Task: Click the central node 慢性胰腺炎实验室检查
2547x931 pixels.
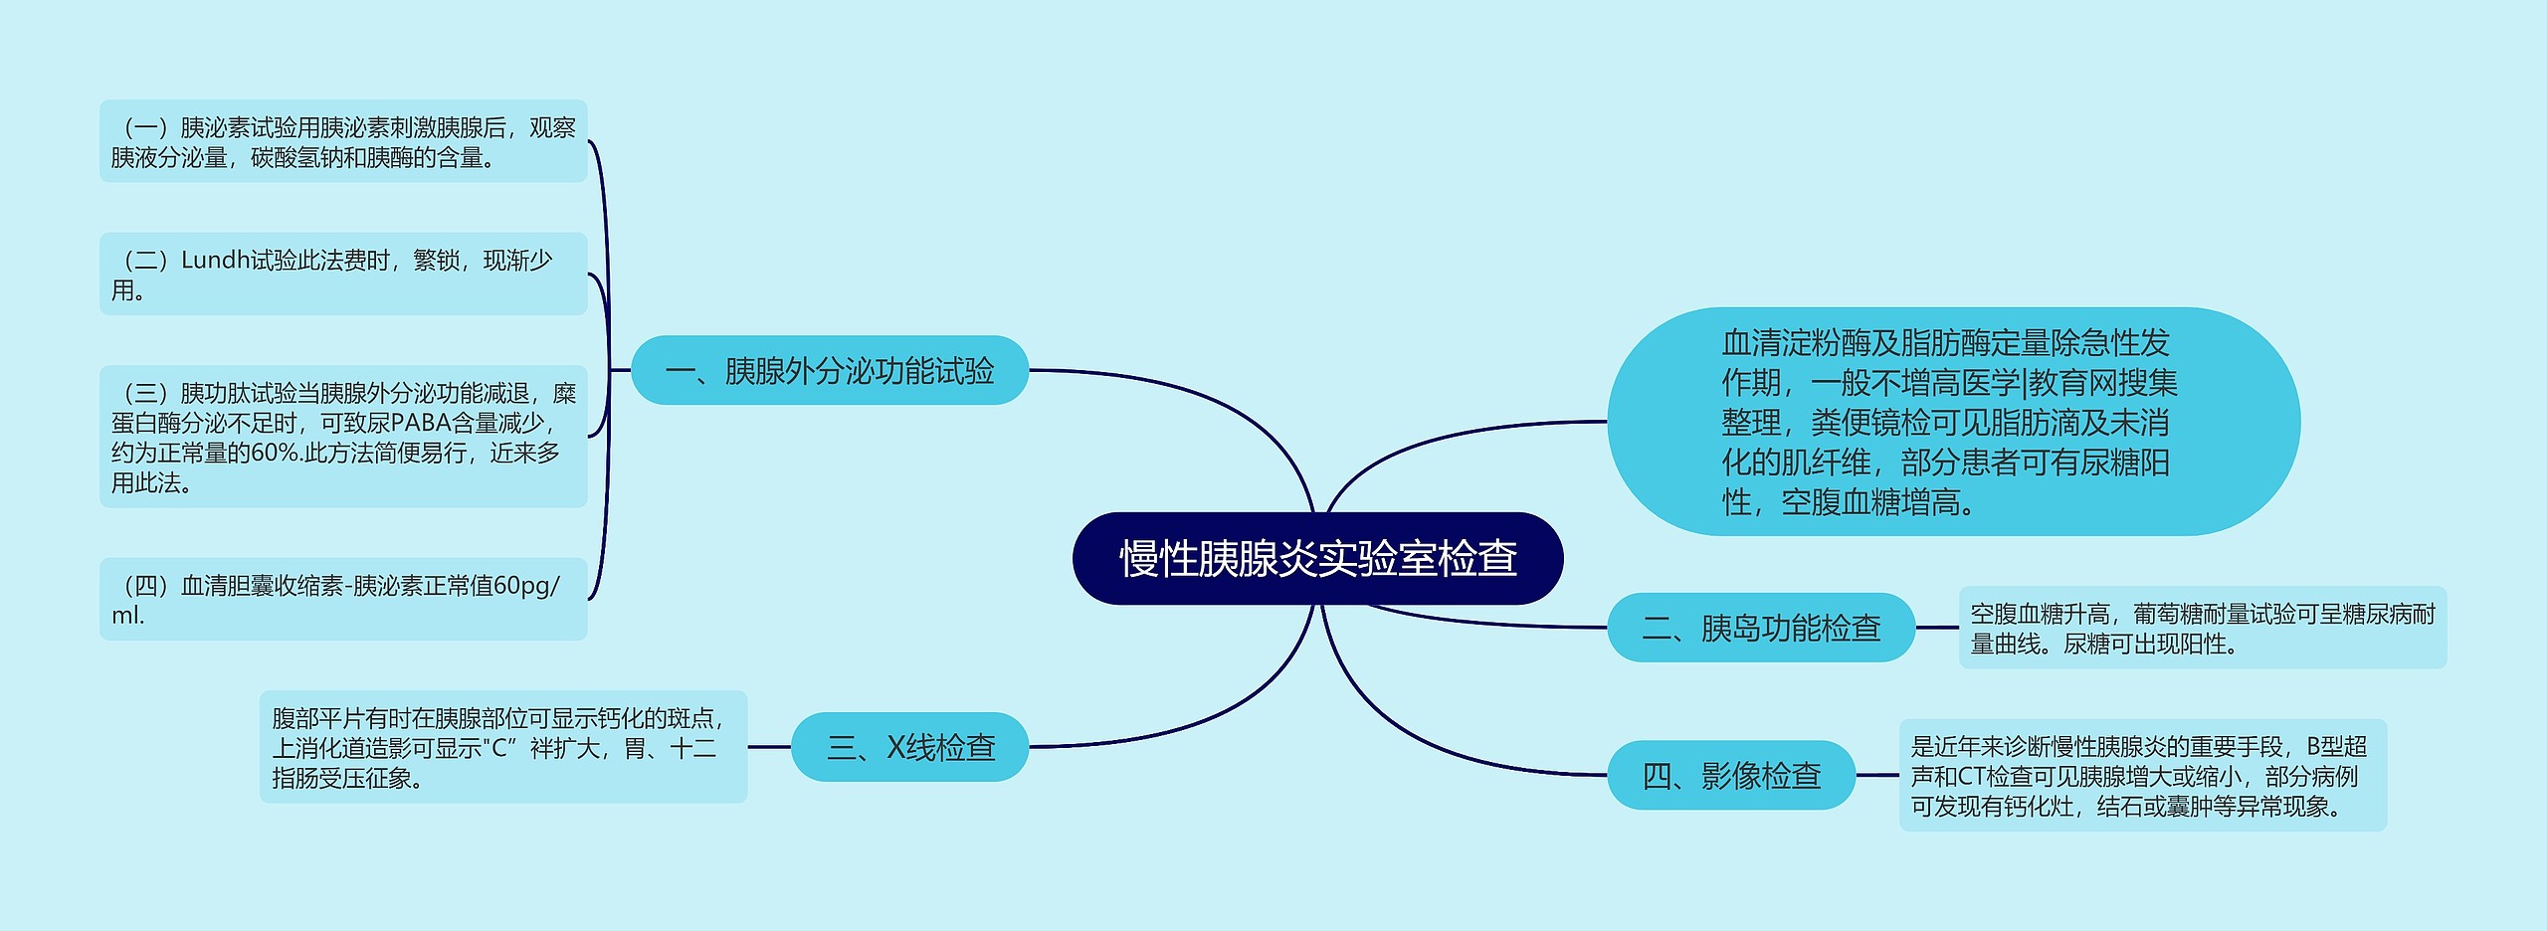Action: tap(1317, 558)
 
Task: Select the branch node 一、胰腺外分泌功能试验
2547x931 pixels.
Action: tap(830, 370)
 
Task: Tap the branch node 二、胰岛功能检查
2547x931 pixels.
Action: tap(1761, 628)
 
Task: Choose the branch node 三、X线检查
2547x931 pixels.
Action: tap(909, 747)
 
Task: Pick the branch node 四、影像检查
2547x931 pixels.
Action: tap(1731, 775)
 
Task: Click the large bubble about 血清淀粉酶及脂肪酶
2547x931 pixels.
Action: tap(1953, 422)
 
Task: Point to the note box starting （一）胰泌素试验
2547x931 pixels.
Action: tap(343, 141)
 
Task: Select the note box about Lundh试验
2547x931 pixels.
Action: tap(343, 275)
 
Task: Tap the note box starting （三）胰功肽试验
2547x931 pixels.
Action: tap(343, 437)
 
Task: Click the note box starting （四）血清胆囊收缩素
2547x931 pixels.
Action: tap(343, 599)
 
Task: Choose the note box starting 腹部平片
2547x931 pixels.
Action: tap(503, 747)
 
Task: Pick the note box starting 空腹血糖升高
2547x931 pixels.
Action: tap(2202, 628)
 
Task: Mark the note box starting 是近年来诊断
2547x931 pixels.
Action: tap(2142, 775)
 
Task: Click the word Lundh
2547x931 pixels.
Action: tap(215, 261)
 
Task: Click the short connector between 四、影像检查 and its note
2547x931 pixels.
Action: tap(1877, 775)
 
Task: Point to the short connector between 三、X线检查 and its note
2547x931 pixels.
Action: tap(769, 747)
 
